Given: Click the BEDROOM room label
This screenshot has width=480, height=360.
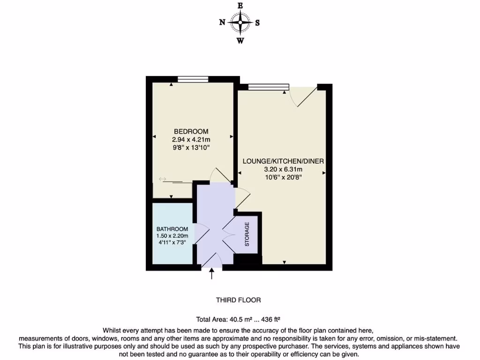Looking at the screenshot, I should point(191,131).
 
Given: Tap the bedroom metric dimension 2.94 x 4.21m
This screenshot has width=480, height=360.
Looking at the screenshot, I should point(191,139).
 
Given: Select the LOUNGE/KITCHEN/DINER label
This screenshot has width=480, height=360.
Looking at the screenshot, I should point(283,161).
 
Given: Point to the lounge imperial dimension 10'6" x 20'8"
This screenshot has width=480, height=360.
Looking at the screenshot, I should point(283,177).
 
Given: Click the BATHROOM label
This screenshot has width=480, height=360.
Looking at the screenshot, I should point(172,229).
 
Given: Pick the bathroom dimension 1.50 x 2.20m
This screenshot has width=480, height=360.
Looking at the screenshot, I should point(172,236).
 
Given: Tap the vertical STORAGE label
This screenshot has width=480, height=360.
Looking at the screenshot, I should point(247,234).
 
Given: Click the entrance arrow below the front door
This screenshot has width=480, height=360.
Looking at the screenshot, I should point(212,273).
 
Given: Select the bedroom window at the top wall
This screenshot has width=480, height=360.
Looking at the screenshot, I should point(193,79).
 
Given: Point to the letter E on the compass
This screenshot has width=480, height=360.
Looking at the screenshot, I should point(240,5).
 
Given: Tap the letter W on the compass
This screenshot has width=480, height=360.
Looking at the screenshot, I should point(240,40).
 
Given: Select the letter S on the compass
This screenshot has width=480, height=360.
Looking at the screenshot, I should point(257,22).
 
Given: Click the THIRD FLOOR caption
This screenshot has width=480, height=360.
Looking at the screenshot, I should point(238,300).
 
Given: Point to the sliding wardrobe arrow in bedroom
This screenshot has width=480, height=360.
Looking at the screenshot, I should point(163,179).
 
